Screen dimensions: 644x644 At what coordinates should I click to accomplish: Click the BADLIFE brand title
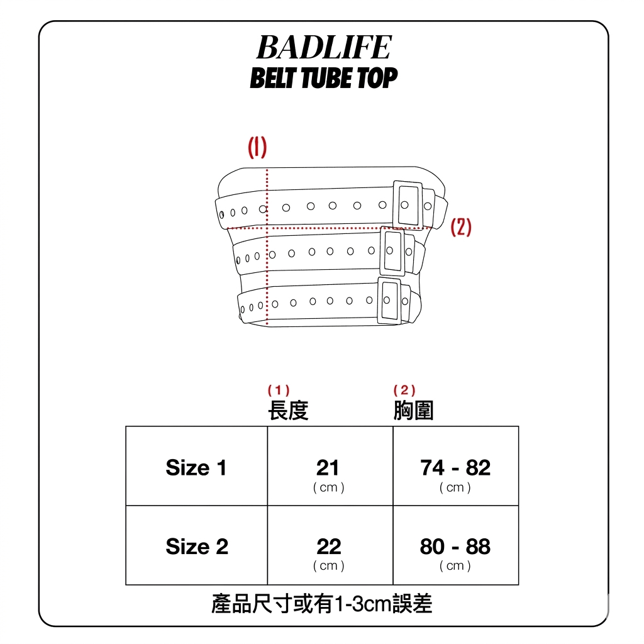(323, 48)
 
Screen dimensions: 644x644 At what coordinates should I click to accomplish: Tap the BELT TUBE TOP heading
(323, 79)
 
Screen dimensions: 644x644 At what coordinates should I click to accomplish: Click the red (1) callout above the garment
(257, 148)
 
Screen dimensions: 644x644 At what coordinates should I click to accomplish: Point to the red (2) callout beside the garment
(461, 227)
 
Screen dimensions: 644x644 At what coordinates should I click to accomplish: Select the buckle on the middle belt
(394, 250)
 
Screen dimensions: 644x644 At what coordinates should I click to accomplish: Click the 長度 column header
(288, 411)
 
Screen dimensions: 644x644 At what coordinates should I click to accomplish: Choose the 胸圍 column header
(413, 411)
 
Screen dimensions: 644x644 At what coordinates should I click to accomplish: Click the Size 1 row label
(196, 467)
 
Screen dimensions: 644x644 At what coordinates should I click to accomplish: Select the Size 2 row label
(197, 547)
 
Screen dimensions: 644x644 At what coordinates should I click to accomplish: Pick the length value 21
(328, 467)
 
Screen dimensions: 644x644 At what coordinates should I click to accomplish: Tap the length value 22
(328, 547)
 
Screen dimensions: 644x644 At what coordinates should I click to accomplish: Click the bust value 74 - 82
(455, 467)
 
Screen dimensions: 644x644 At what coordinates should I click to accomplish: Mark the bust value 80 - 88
(455, 547)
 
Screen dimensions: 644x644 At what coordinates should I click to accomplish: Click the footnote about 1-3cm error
(322, 604)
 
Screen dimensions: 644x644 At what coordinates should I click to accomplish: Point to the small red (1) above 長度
(279, 391)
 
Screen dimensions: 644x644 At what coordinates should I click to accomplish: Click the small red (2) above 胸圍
(404, 391)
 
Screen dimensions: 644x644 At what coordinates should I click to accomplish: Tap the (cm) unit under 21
(329, 487)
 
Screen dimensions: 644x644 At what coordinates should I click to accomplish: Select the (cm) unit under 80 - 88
(455, 566)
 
